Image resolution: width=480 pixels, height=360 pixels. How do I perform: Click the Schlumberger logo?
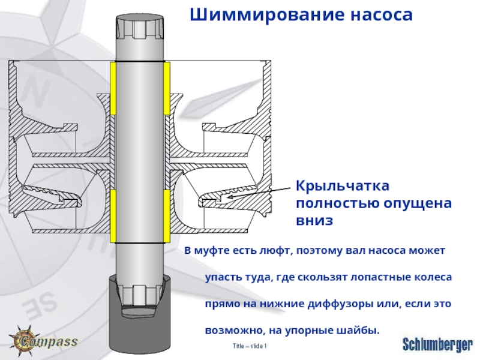pos(437,344)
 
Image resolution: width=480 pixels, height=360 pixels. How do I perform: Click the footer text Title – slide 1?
pos(249,347)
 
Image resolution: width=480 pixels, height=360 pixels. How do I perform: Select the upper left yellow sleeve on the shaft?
pos(113,88)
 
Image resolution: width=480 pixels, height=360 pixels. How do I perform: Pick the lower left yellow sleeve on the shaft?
pos(113,212)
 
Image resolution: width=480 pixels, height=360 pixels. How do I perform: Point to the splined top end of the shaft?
pos(140,27)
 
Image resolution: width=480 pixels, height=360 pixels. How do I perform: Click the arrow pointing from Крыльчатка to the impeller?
pos(258,191)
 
